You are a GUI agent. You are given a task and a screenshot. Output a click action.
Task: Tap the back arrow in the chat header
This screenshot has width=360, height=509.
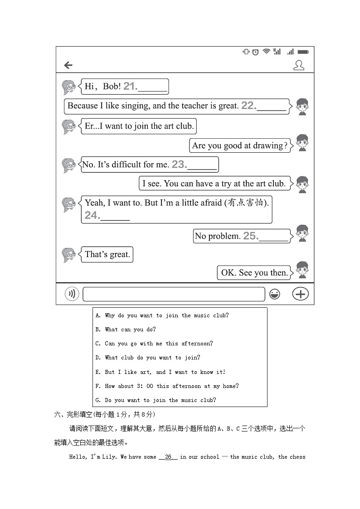68,65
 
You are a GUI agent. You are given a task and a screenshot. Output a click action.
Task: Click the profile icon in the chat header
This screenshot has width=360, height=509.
298,65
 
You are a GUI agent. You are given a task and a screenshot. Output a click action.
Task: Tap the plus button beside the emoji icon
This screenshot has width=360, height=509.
300,294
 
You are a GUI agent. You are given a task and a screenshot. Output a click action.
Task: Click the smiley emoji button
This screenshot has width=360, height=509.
274,294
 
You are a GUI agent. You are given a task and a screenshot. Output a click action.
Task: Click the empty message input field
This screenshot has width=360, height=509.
174,294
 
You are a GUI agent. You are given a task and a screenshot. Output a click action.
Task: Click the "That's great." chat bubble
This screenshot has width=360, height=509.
107,255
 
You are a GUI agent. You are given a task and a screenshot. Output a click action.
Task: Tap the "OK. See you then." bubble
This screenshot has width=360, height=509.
254,273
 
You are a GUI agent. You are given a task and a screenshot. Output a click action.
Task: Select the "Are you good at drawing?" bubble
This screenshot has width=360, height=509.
240,145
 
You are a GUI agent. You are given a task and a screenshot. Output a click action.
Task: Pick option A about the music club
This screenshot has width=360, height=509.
166,315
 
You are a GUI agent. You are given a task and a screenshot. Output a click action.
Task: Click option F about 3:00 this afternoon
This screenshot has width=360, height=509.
171,386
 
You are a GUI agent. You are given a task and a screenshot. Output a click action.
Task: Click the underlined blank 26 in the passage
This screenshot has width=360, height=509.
168,457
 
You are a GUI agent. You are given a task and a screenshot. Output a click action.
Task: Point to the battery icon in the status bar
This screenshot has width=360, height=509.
303,52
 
